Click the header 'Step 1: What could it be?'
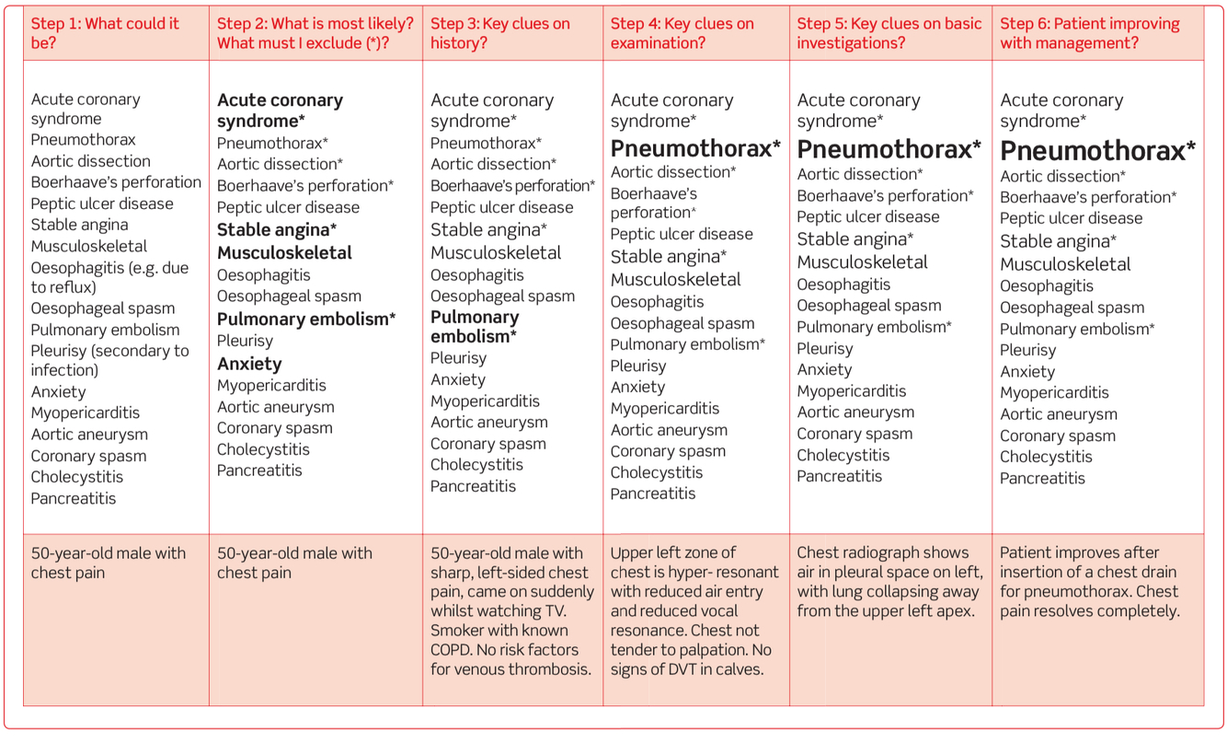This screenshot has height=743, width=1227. click(x=106, y=33)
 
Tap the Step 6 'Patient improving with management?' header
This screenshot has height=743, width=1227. click(x=1090, y=33)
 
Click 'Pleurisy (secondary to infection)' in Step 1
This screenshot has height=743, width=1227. click(x=109, y=360)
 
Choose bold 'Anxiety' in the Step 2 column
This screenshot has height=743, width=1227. click(x=249, y=364)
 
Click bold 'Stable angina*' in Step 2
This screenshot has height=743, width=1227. click(x=277, y=230)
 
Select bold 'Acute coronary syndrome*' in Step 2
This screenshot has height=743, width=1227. click(x=280, y=110)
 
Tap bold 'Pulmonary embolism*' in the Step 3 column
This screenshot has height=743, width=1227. click(x=475, y=327)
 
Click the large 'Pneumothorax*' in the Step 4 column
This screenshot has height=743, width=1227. click(x=695, y=148)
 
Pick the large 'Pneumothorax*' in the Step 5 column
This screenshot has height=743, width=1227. click(x=889, y=149)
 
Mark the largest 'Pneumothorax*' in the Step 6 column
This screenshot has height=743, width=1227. click(x=1097, y=151)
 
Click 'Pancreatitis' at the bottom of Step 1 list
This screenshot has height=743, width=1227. click(x=74, y=499)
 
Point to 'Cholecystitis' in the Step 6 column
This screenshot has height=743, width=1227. click(x=1046, y=457)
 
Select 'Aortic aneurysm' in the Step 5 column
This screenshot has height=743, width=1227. click(x=855, y=412)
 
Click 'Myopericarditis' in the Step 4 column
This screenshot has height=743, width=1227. click(x=665, y=409)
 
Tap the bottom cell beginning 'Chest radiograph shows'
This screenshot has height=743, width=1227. click(x=889, y=582)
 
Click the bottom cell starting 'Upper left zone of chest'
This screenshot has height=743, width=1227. click(x=694, y=610)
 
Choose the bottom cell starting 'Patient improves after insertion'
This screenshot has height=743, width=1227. click(x=1090, y=582)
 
